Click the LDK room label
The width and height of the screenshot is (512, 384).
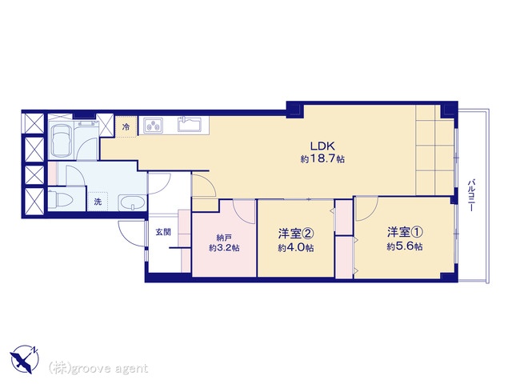(x=322, y=146)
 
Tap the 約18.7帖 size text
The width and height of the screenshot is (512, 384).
(x=322, y=159)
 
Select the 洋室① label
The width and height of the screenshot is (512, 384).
(x=406, y=232)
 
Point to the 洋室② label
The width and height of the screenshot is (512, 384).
(x=296, y=234)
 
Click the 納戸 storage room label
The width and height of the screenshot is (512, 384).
(x=224, y=237)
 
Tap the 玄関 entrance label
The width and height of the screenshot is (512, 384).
(x=163, y=232)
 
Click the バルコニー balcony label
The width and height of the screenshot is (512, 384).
(x=471, y=195)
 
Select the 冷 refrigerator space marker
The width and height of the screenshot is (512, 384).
(x=126, y=127)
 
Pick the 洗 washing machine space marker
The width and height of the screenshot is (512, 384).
(x=98, y=202)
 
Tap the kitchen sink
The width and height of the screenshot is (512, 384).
(x=190, y=124)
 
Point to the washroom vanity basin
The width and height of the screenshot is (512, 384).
(x=132, y=202)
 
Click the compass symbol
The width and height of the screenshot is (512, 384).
(x=25, y=359)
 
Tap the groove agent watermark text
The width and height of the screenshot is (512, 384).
(x=98, y=368)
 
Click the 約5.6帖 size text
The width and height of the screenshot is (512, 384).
(x=405, y=246)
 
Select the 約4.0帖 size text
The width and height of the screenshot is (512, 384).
(x=296, y=248)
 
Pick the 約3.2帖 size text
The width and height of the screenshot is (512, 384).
(x=224, y=248)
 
